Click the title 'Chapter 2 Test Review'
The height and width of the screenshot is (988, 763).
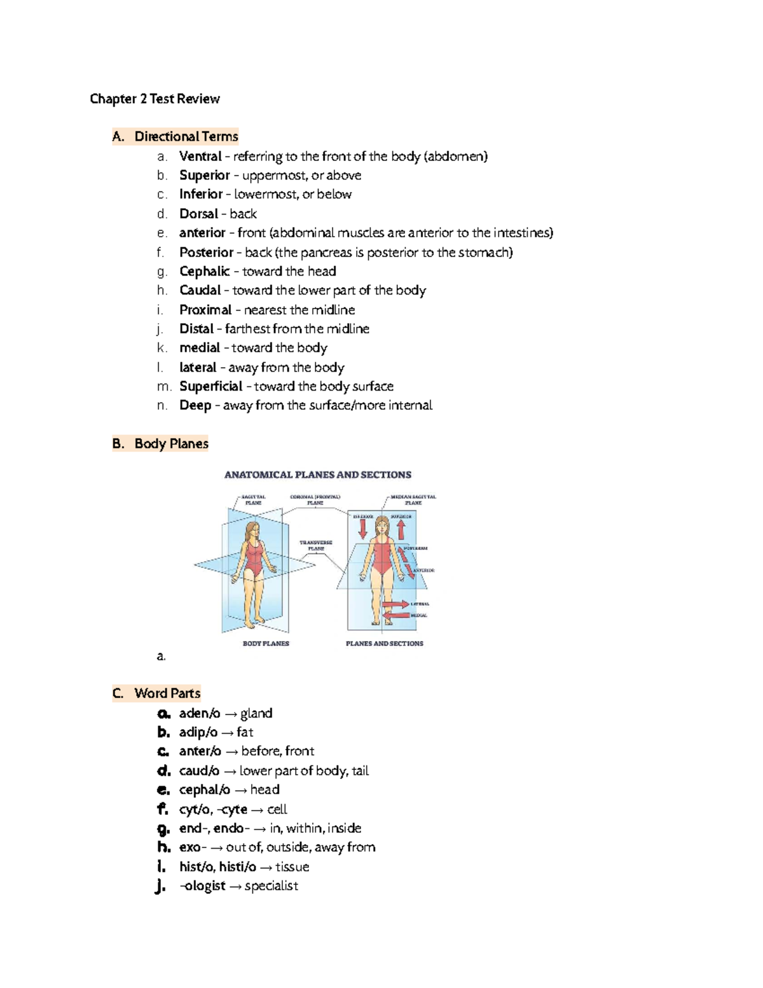click(155, 99)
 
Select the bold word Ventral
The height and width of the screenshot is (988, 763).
click(200, 157)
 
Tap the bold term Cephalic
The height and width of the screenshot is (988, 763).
click(204, 272)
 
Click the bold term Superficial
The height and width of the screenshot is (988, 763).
click(210, 387)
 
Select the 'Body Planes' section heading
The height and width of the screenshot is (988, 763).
click(171, 444)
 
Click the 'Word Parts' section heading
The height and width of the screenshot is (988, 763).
click(167, 693)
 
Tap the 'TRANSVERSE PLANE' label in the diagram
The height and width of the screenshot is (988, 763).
click(316, 545)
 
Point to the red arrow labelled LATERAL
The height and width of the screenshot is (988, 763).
click(395, 604)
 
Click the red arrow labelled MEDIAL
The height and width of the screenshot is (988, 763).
click(395, 615)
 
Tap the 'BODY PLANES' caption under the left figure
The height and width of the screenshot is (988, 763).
click(266, 644)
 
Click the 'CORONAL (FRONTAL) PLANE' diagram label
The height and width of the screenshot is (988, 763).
click(315, 499)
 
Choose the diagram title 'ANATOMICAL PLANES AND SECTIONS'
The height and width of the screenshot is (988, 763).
click(318, 475)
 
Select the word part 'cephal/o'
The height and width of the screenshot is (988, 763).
click(204, 790)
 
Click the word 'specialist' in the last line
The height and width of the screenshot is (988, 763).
click(271, 886)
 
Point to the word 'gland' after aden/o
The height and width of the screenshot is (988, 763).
click(256, 713)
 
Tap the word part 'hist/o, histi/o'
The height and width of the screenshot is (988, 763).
click(217, 867)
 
